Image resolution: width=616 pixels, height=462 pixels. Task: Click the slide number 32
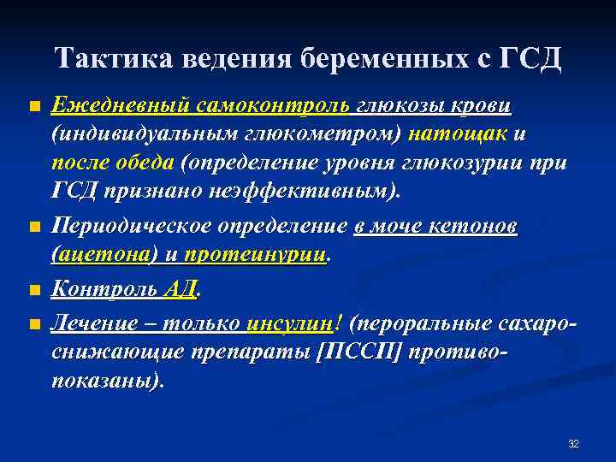click(x=573, y=444)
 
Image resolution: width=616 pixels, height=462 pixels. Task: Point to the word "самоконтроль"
click(x=272, y=106)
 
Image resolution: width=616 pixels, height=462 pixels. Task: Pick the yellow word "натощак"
click(x=458, y=135)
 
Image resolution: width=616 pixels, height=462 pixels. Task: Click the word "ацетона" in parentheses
click(x=106, y=256)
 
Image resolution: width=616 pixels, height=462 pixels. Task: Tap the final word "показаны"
click(x=106, y=379)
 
